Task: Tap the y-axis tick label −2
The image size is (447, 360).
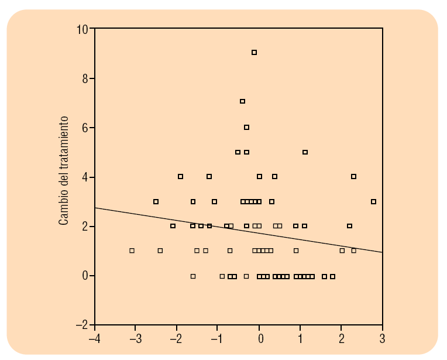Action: pos(82,325)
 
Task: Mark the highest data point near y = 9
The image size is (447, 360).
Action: pos(255,53)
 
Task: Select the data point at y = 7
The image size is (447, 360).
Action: pos(242,101)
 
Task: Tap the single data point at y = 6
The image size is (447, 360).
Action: pos(247,128)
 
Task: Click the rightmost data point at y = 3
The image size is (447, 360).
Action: pos(374,202)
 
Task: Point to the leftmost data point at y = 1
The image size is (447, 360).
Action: pos(132,251)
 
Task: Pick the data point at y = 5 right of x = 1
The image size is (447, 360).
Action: pos(305,152)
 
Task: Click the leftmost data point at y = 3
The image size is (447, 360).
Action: pos(156,201)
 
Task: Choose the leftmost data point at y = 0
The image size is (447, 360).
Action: pos(193,276)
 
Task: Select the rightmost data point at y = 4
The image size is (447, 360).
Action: pos(353,176)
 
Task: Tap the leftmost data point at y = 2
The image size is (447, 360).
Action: pos(173,226)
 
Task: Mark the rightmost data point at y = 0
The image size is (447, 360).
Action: pos(333,276)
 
